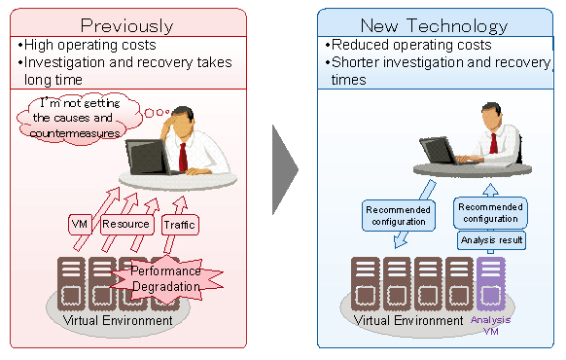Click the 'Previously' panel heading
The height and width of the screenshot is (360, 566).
(127, 23)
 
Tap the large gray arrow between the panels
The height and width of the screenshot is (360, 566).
(284, 169)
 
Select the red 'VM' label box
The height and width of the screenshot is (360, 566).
(81, 224)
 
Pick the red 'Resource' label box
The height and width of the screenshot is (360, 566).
(125, 224)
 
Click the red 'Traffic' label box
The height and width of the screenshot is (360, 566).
(180, 225)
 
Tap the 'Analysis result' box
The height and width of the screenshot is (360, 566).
(491, 239)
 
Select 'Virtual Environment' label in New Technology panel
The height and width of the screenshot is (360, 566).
(407, 320)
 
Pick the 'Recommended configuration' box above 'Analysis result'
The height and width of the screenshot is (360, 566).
(490, 213)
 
